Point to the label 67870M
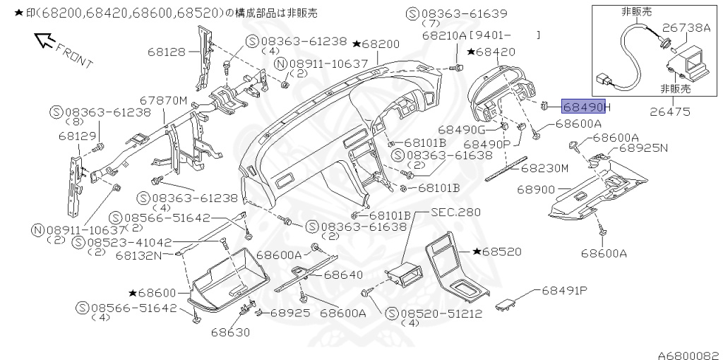[x=163, y=101]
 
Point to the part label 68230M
[x=544, y=168]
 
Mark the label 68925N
[x=643, y=149]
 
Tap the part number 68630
[x=229, y=332]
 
